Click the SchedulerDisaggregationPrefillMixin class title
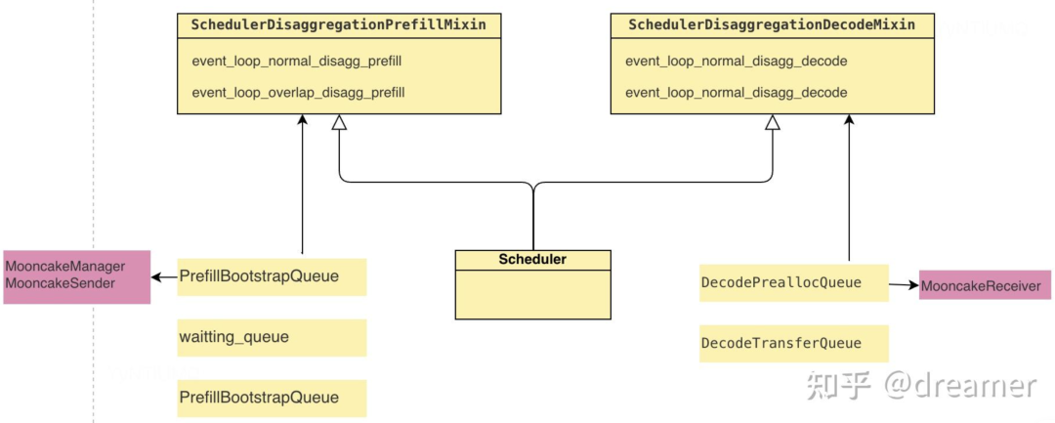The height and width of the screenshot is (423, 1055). click(339, 24)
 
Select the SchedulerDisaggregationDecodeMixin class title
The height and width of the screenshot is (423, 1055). click(772, 24)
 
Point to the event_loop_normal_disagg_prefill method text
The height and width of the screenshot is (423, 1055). click(297, 62)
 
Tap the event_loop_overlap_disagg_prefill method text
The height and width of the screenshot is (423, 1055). click(298, 93)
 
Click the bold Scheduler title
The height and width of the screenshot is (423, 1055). click(532, 260)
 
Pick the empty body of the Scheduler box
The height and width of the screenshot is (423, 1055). click(532, 294)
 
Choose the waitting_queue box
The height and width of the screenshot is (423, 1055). click(272, 337)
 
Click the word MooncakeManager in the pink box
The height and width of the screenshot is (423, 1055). click(64, 266)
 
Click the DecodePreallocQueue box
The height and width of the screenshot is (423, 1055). click(794, 282)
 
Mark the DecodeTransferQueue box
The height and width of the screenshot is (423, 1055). click(794, 343)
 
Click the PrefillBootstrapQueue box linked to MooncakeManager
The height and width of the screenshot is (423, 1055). click(272, 276)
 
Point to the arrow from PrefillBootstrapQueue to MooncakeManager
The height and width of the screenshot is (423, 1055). click(164, 277)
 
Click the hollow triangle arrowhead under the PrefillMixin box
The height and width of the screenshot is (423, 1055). click(339, 123)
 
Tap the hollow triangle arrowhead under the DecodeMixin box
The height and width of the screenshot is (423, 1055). click(772, 123)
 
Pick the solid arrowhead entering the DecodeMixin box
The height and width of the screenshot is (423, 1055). click(849, 120)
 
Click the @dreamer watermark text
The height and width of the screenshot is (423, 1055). click(960, 386)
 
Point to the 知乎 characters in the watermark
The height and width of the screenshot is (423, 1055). click(838, 386)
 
